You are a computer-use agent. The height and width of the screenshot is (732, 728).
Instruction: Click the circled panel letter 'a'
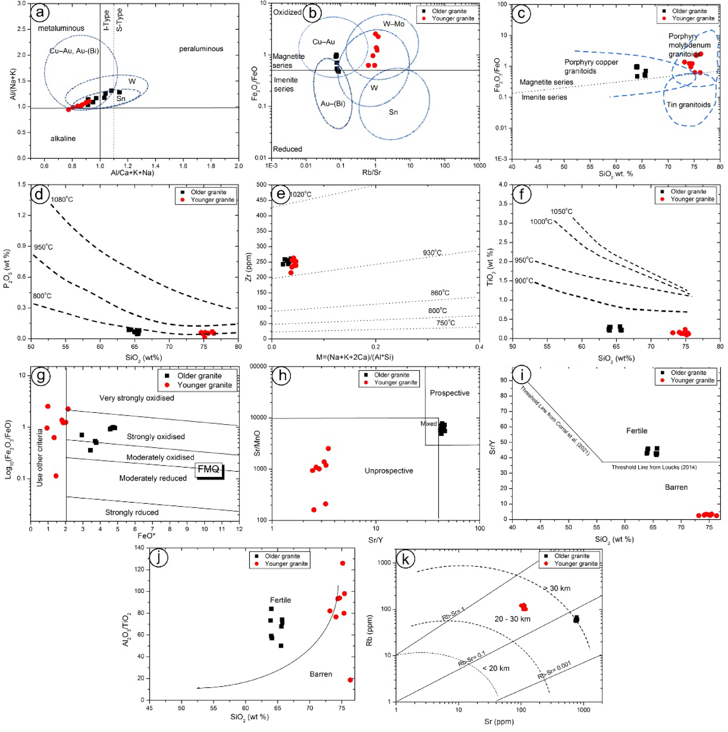pyautogui.click(x=40, y=13)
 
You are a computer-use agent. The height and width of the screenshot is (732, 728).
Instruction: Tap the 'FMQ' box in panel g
pyautogui.click(x=209, y=470)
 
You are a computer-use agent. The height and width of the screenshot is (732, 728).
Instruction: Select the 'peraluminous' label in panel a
pyautogui.click(x=201, y=49)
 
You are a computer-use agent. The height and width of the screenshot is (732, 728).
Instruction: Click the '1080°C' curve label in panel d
pyautogui.click(x=62, y=200)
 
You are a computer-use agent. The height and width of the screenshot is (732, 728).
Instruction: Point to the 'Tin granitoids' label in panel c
pyautogui.click(x=688, y=105)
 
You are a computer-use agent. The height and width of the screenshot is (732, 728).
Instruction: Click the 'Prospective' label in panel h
pyautogui.click(x=449, y=393)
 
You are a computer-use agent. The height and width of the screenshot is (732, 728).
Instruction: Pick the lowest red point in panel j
pyautogui.click(x=350, y=680)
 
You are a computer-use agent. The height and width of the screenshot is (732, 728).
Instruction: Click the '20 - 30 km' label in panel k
pyautogui.click(x=512, y=619)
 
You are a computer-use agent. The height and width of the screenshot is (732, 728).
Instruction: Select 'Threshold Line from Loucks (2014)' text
pyautogui.click(x=654, y=467)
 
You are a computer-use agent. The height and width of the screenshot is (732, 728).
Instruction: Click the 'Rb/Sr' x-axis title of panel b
pyautogui.click(x=371, y=173)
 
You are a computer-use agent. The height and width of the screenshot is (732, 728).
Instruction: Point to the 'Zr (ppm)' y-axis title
pyautogui.click(x=249, y=266)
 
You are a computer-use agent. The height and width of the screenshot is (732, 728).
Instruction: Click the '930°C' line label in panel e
pyautogui.click(x=432, y=253)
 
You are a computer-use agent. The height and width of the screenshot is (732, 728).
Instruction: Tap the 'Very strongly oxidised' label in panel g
pyautogui.click(x=136, y=398)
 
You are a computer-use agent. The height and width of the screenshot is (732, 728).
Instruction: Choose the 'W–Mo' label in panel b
pyautogui.click(x=394, y=24)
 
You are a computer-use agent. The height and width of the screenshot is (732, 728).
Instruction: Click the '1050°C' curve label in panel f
pyautogui.click(x=561, y=211)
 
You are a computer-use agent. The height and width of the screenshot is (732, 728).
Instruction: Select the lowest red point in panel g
pyautogui.click(x=56, y=476)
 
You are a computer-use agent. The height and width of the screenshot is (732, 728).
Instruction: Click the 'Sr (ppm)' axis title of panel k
pyautogui.click(x=499, y=722)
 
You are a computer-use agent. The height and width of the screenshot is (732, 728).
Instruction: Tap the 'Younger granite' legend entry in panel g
pyautogui.click(x=204, y=385)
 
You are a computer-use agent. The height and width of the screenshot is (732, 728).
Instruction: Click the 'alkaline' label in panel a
pyautogui.click(x=63, y=139)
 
